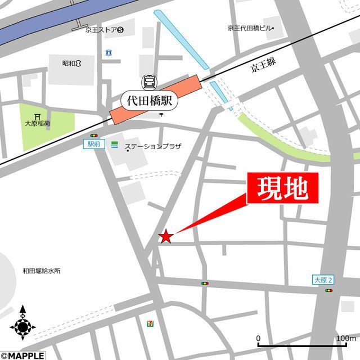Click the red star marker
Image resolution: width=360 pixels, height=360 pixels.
[x=165, y=236]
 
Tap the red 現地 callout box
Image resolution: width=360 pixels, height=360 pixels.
[x=283, y=188]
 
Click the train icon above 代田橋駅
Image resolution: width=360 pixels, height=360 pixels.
[x=150, y=82]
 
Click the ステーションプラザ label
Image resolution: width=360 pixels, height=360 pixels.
[x=153, y=147]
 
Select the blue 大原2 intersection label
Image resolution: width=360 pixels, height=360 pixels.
[x=323, y=280]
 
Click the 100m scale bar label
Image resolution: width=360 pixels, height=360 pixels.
[x=346, y=338]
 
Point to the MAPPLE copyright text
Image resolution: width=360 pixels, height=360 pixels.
[x=21, y=355]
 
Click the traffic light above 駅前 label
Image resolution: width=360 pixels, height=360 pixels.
[x=93, y=136]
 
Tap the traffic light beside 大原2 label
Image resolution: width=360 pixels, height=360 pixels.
[x=328, y=290]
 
